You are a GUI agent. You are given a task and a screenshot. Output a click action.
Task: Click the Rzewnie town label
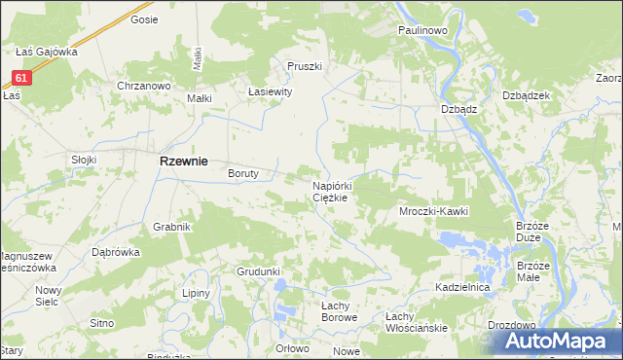(x=183, y=163)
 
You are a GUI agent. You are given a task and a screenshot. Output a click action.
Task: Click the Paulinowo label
(x=421, y=31)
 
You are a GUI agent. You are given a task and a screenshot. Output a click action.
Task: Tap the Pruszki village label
(x=304, y=66)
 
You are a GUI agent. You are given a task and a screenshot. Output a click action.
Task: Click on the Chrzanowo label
(x=144, y=86)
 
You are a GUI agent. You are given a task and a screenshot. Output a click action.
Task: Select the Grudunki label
(x=258, y=271)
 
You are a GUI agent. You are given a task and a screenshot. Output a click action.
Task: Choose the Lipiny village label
(x=198, y=292)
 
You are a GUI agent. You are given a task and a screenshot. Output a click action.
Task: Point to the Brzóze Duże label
(x=534, y=231)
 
